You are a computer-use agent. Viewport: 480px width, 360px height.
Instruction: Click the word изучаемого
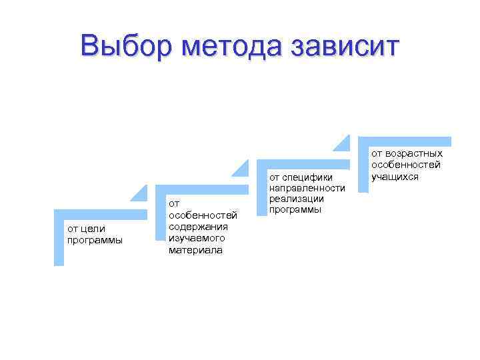tap(197, 238)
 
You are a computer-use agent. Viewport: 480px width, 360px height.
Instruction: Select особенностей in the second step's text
tap(203, 215)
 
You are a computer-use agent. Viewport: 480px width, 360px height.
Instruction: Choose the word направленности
tap(307, 188)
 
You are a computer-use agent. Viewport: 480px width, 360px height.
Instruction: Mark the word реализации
tap(296, 199)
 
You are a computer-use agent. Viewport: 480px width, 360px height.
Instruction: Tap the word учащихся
tap(395, 176)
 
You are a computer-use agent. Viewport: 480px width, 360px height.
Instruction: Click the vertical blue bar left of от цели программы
tap(59, 241)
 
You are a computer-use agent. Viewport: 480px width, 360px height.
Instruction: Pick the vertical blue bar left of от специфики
tap(261, 193)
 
